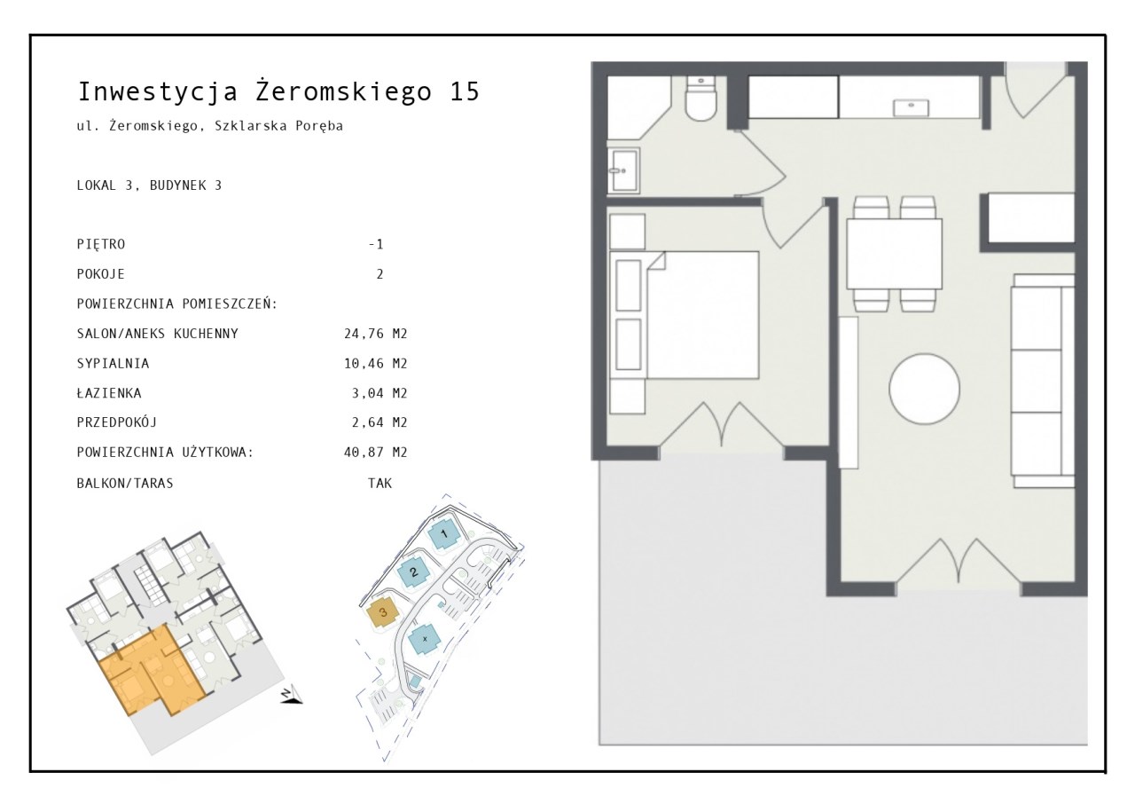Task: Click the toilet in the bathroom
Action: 701,99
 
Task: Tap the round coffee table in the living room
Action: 924,389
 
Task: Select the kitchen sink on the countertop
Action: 911,107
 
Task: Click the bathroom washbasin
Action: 623,171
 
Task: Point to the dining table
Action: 895,254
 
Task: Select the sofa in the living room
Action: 1043,381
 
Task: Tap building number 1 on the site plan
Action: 444,534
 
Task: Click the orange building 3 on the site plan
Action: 383,612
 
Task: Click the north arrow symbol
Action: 291,695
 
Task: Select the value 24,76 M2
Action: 375,334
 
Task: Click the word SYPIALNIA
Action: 113,364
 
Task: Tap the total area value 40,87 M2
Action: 375,453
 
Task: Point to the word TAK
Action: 380,483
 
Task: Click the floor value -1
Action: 376,244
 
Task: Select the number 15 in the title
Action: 464,91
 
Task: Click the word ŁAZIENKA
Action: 109,393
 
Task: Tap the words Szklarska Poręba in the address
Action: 278,126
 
